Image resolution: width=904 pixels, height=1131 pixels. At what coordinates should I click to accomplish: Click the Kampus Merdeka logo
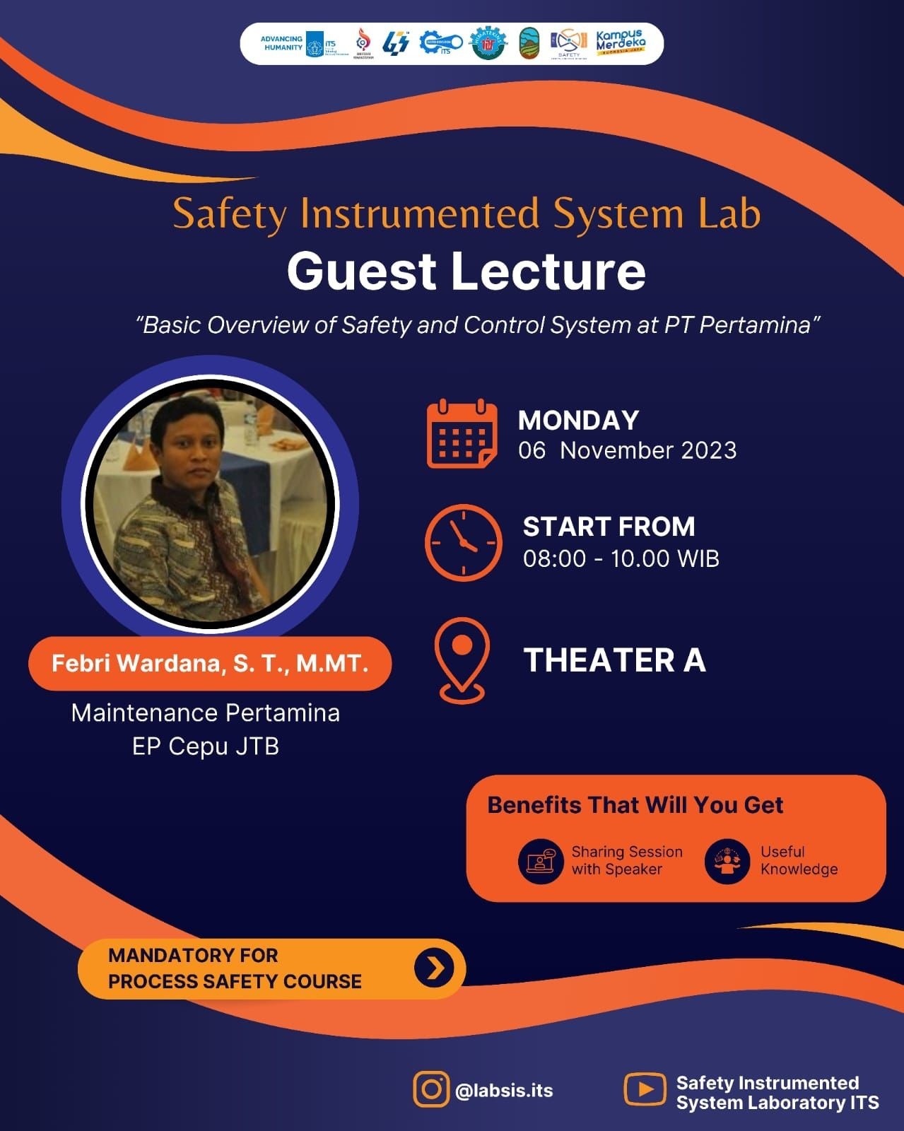pos(620,43)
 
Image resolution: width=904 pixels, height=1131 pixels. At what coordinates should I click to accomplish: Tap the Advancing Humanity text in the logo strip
pos(282,43)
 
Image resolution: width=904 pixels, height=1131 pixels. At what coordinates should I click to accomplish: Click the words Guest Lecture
pos(466,271)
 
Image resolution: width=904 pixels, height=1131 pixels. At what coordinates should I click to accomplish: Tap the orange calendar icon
pos(462,433)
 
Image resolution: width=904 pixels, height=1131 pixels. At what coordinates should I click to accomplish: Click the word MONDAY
pos(578,421)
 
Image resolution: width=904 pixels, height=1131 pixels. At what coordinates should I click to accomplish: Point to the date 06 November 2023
pos(627,450)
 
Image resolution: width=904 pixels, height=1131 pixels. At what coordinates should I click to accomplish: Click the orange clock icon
pos(463,542)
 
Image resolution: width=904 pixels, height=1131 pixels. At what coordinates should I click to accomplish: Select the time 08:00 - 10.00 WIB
pos(621,558)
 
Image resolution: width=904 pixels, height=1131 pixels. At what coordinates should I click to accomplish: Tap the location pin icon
pos(462,659)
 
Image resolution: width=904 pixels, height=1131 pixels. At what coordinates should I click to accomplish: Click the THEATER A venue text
pos(614,660)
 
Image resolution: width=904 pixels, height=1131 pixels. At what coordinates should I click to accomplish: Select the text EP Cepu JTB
pos(206,746)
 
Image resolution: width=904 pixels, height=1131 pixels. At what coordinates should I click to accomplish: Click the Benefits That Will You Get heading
pos(635,805)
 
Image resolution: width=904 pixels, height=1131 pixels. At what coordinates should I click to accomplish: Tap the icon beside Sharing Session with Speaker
pos(541,861)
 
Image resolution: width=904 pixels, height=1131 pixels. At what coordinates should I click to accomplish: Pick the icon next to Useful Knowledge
pos(727,861)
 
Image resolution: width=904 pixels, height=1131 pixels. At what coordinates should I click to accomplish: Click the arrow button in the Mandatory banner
pos(434,968)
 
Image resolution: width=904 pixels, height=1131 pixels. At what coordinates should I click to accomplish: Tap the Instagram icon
pos(431,1089)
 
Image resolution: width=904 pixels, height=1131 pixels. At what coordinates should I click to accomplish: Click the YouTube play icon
pos(644,1089)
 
